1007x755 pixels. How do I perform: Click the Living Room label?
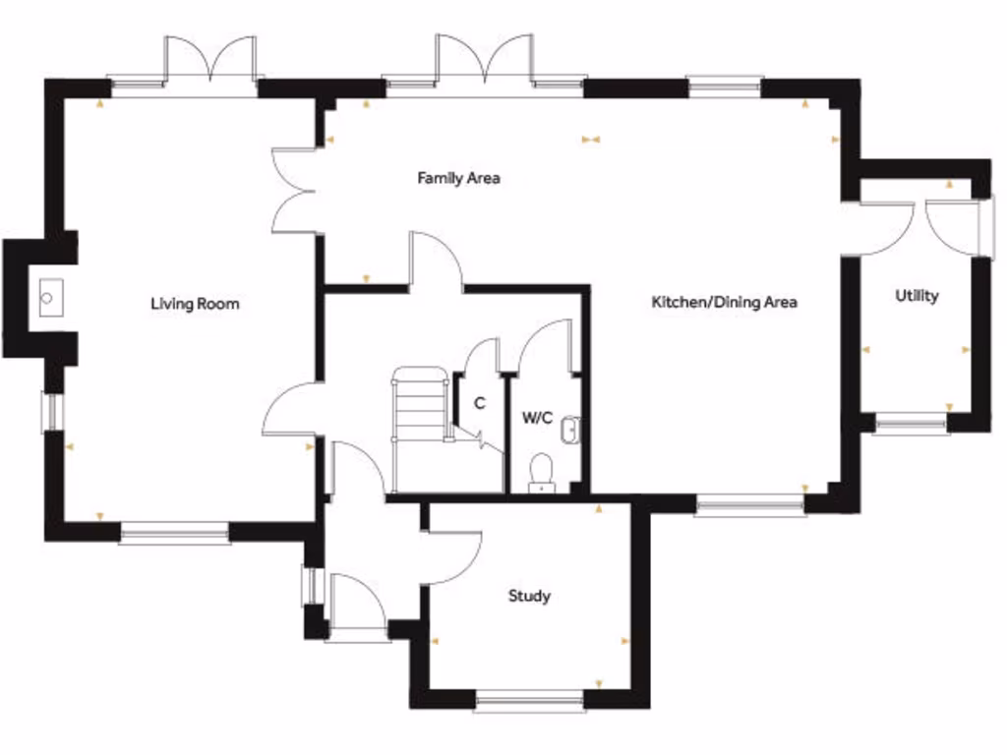tap(195, 304)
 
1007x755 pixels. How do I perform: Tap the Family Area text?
tap(458, 178)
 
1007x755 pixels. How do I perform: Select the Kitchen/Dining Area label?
tap(724, 302)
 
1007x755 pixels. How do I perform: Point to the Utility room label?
tap(917, 295)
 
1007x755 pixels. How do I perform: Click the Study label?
tap(529, 596)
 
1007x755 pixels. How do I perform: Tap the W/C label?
tap(537, 418)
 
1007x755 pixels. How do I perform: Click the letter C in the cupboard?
tap(479, 403)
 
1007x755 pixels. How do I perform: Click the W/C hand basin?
tap(571, 429)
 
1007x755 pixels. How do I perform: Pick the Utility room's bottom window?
tap(912, 425)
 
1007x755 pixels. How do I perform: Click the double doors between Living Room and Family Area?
tap(292, 191)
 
